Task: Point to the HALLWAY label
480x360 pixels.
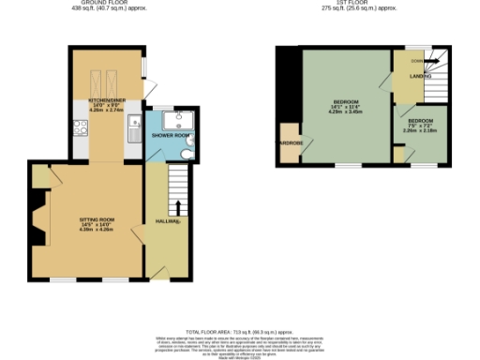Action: [x=168, y=221]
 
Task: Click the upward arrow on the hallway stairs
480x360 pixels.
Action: [x=178, y=206]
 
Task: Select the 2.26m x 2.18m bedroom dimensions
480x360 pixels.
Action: [x=419, y=130]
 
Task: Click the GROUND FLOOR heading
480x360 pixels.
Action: [x=104, y=3]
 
